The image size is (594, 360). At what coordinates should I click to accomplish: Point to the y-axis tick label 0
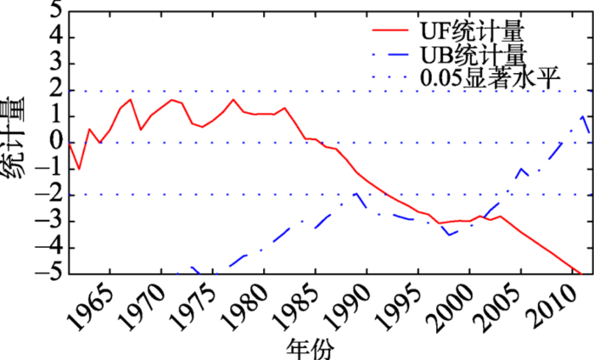point(54,143)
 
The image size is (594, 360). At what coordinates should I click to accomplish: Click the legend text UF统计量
point(471,31)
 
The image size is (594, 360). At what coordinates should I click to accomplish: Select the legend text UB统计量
point(471,56)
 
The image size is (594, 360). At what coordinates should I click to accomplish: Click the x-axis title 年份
point(311,346)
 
